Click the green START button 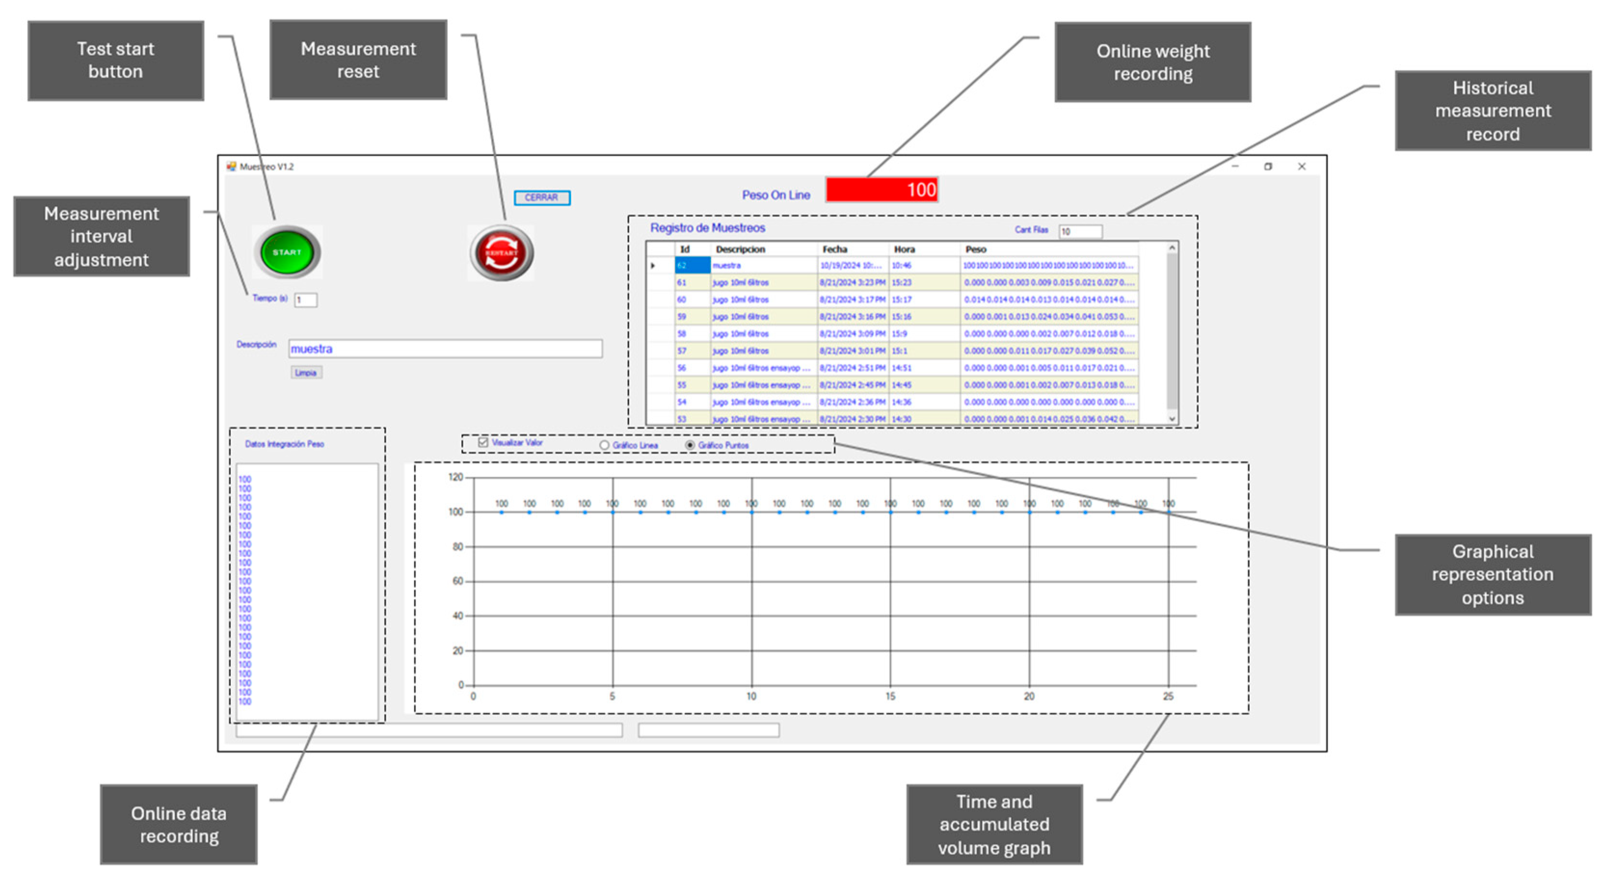pyautogui.click(x=287, y=252)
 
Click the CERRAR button pyautogui.click(x=541, y=197)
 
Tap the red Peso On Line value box pyautogui.click(x=881, y=190)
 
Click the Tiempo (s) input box pyautogui.click(x=306, y=300)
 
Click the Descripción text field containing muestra pyautogui.click(x=445, y=348)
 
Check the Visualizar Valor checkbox pyautogui.click(x=483, y=442)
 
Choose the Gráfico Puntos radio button pyautogui.click(x=690, y=445)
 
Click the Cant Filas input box pyautogui.click(x=1080, y=231)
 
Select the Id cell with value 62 pyautogui.click(x=691, y=266)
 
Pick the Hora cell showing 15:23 pyautogui.click(x=902, y=282)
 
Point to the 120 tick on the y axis pyautogui.click(x=456, y=477)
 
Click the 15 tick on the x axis pyautogui.click(x=891, y=696)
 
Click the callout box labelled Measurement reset pyautogui.click(x=358, y=60)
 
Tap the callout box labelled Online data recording pyautogui.click(x=179, y=824)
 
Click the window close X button pyautogui.click(x=1301, y=166)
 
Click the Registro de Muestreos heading pyautogui.click(x=708, y=228)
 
